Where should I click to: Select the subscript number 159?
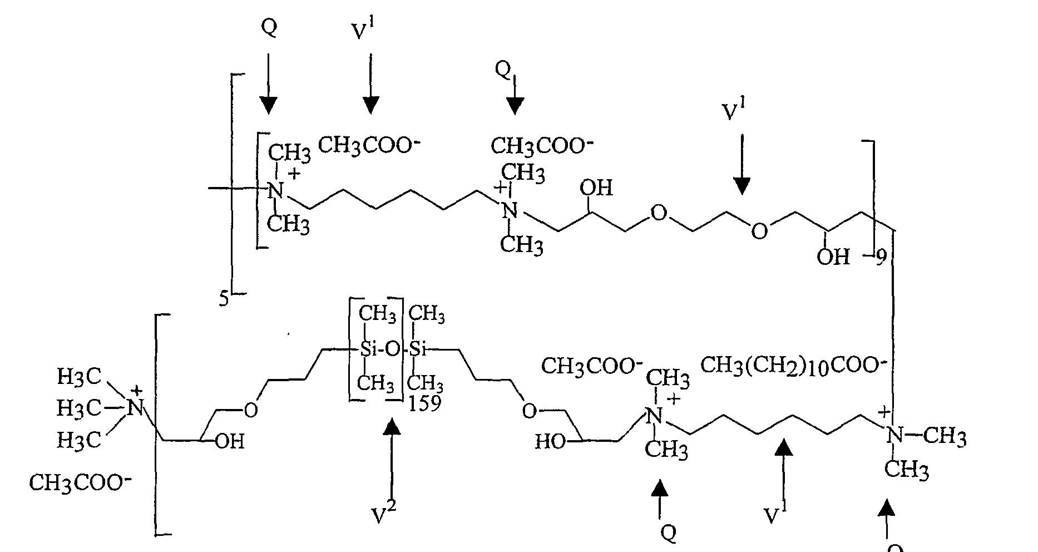coord(424,403)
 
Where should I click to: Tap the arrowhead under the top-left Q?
coord(268,104)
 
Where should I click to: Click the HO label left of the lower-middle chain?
coord(550,443)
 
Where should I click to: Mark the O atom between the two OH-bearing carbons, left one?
coord(658,213)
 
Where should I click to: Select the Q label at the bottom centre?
coord(668,533)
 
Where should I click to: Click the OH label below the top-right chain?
coord(833,257)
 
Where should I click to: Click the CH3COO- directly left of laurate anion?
coord(588,366)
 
